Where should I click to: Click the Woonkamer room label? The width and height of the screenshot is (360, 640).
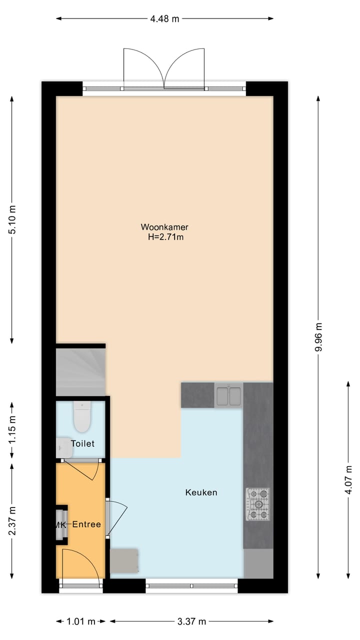point(164,227)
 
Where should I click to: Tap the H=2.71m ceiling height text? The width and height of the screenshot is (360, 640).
point(165,237)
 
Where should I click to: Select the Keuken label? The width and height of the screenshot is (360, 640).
point(201,492)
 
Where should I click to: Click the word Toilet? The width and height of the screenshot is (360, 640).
point(82,443)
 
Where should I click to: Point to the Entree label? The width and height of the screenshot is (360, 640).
point(86,524)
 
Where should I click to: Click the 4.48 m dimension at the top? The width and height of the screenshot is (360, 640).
point(164,19)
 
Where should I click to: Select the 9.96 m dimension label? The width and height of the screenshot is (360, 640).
point(318,337)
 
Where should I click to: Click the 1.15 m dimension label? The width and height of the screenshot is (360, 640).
point(12,429)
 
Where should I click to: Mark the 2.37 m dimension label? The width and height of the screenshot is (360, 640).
point(12,520)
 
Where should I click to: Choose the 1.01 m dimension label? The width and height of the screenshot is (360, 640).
point(81,621)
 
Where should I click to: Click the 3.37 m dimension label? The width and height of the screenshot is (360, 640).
point(192,621)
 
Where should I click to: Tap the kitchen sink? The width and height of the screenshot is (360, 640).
point(228,395)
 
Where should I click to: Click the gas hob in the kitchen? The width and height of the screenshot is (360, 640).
point(257,503)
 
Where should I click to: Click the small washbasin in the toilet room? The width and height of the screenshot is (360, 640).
point(63,447)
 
